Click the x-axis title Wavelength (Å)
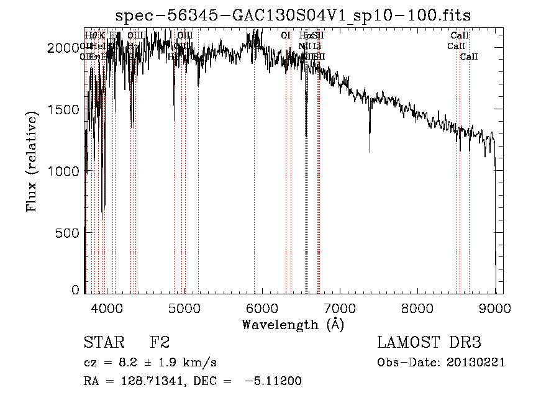coord(293,324)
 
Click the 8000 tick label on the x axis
coord(417,307)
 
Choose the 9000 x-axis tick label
coord(494,307)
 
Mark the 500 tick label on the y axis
coord(70,233)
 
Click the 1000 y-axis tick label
coord(66,171)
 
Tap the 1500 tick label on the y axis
coord(66,109)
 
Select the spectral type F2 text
coord(160,343)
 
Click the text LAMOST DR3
coord(429,343)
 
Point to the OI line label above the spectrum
coord(286,35)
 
